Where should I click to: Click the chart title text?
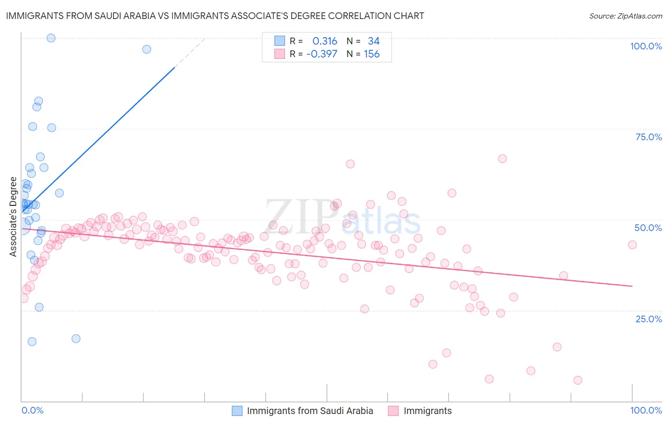point(215,16)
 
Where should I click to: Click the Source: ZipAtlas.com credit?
point(625,16)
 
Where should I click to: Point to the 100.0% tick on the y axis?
point(646,46)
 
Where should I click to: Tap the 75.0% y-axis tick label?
point(649,137)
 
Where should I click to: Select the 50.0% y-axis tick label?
point(648,228)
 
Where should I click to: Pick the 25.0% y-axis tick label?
point(649,319)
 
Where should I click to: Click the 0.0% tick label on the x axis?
point(32,410)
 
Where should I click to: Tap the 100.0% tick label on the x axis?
point(646,410)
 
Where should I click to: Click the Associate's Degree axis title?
point(13,217)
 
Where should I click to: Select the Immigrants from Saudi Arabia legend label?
point(310,411)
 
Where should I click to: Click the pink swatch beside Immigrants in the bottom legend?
point(393,411)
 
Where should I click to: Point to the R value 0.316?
point(324,41)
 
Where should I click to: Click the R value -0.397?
point(322,54)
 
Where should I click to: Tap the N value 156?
point(372,54)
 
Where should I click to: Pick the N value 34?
point(373,41)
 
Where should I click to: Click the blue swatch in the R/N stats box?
point(279,41)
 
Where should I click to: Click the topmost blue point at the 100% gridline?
point(51,38)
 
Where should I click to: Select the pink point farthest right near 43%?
point(632,245)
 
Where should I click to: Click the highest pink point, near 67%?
point(502,159)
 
